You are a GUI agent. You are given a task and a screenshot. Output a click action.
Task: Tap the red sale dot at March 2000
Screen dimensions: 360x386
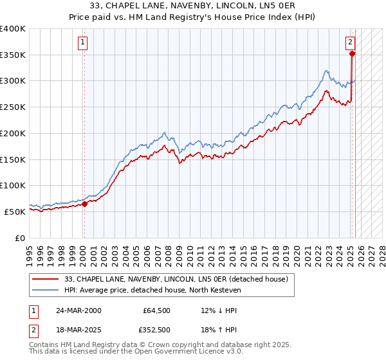84,204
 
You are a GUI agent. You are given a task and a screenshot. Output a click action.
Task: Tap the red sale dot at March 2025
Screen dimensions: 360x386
352,54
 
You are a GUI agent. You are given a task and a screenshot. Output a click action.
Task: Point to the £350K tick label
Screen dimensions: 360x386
13,55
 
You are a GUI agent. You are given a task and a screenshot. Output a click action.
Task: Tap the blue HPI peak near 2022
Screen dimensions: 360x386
327,70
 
